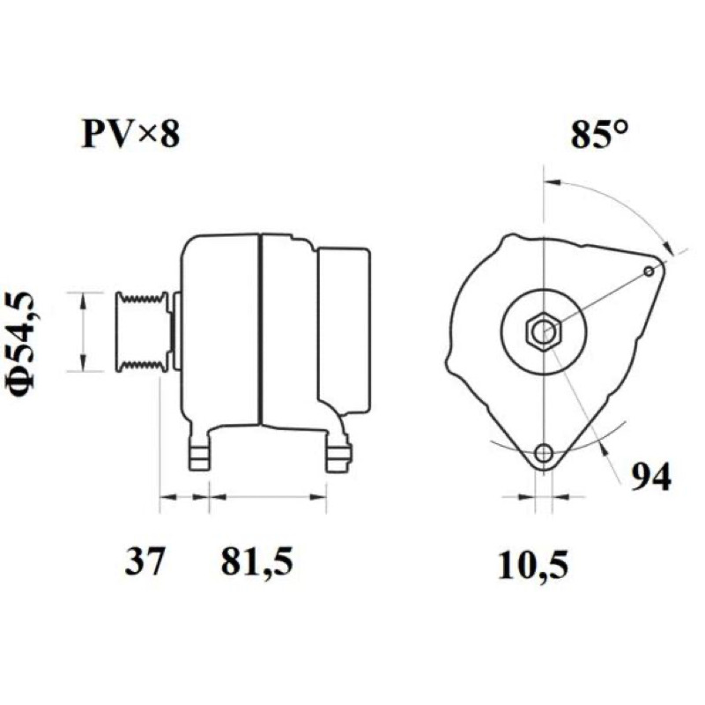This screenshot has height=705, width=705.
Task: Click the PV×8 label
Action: click(130, 134)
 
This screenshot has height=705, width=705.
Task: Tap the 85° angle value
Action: click(599, 133)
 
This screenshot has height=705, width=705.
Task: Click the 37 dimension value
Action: click(144, 561)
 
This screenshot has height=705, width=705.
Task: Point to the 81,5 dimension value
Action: click(256, 562)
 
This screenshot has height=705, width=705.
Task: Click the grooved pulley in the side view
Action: click(143, 332)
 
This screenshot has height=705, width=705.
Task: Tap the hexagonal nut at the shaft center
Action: click(544, 331)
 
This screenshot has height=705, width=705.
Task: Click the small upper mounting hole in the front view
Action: click(649, 271)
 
